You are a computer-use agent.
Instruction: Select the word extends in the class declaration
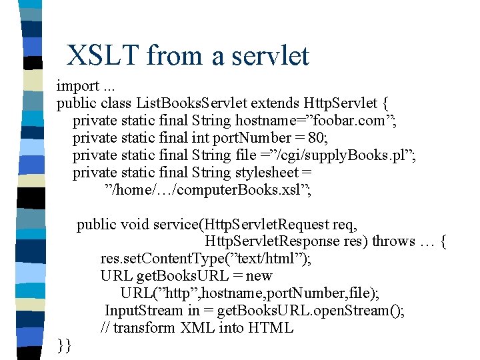point(275,103)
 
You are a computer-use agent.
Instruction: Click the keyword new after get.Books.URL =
point(259,276)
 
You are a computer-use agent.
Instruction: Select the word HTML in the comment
point(270,328)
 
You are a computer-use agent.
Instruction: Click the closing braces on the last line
point(65,345)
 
